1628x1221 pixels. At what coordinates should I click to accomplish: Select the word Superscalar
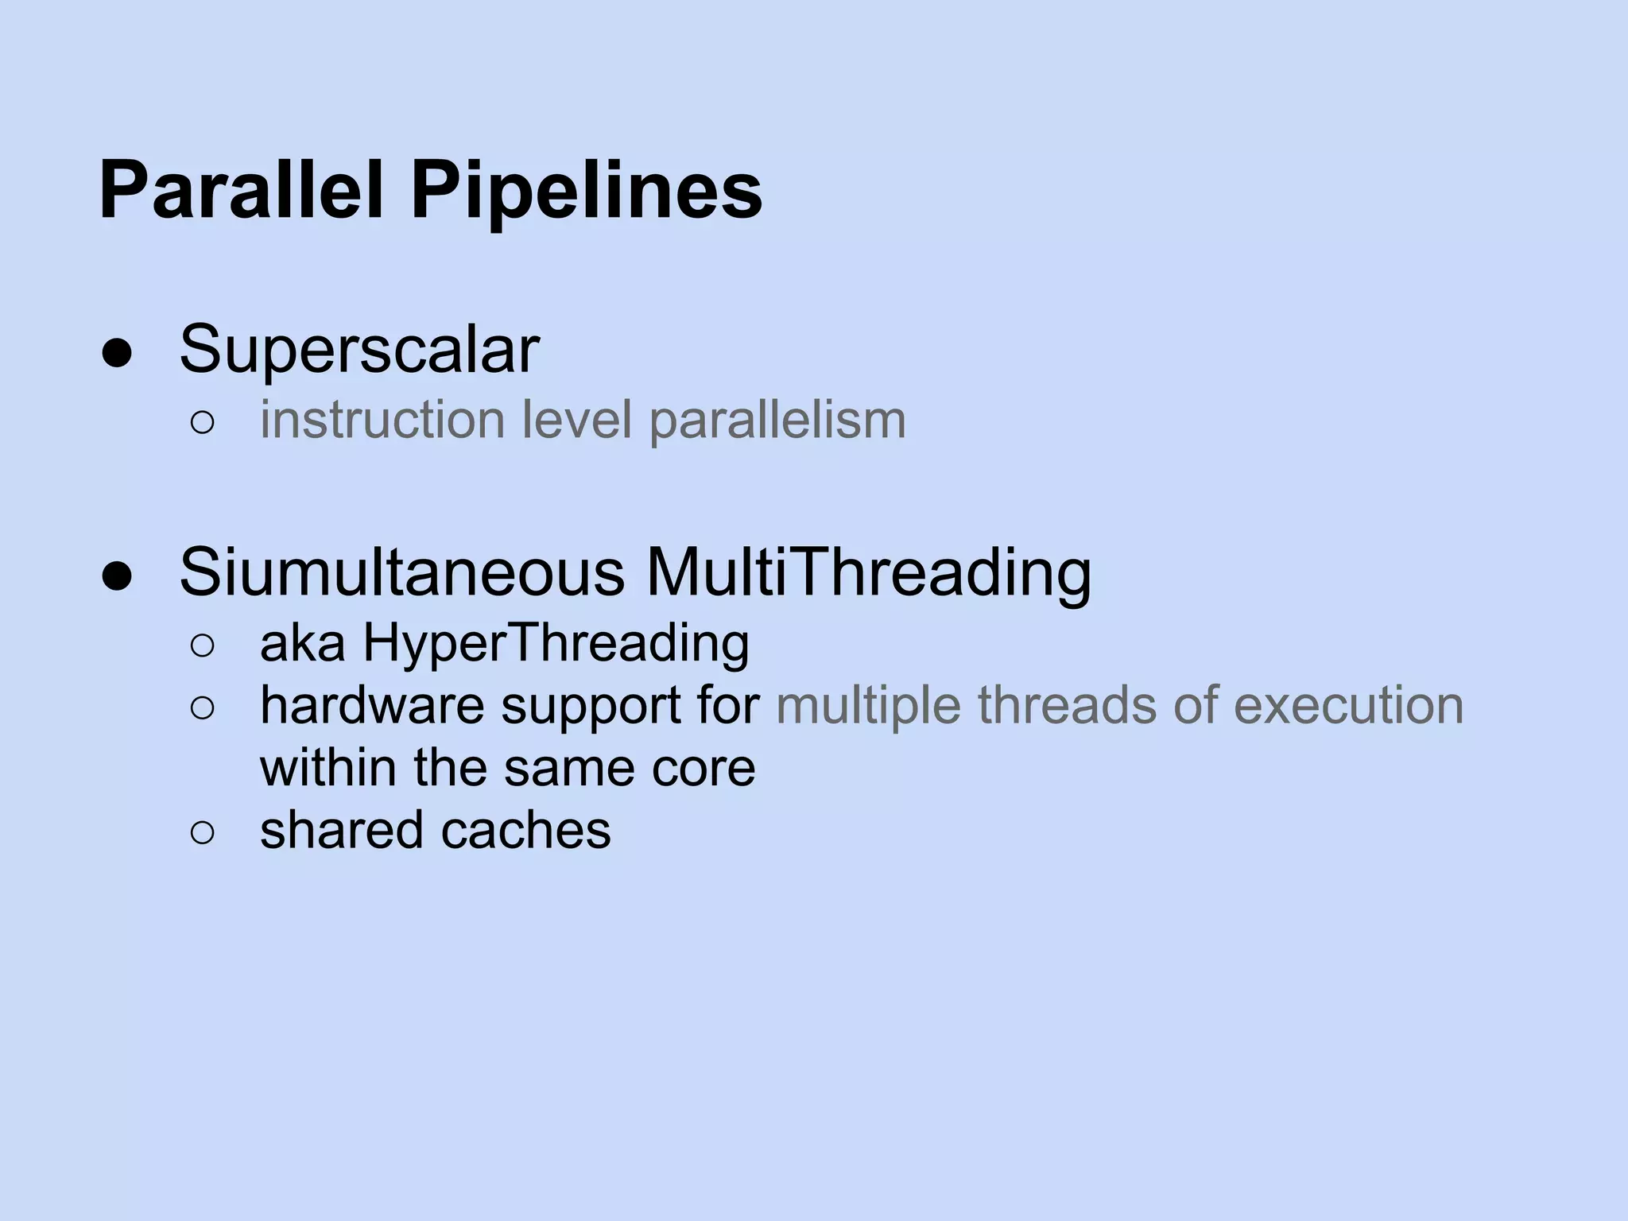pos(359,350)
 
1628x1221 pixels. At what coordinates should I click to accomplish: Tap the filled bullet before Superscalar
pos(117,355)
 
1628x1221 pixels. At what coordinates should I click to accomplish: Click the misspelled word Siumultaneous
pos(402,572)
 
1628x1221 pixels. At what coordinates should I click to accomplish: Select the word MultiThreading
pos(869,572)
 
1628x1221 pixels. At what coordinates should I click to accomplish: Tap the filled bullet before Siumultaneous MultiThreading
pos(117,578)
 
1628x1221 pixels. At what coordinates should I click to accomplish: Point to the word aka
pos(302,643)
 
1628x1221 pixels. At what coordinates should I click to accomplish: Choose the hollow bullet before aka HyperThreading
pos(203,646)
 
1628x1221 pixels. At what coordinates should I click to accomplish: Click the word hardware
pos(372,705)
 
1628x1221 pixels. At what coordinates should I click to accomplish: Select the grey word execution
pos(1348,705)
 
